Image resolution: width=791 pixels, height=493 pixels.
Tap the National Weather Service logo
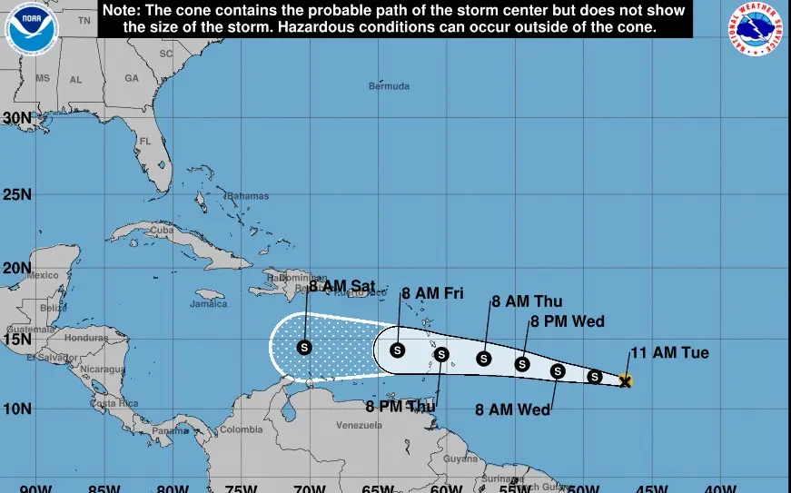(758, 31)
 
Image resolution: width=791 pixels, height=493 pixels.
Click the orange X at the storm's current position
(625, 380)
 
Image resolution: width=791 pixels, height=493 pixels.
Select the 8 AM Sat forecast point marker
(304, 347)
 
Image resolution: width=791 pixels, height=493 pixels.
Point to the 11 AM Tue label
(669, 353)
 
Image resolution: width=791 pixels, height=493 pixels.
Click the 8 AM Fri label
(432, 293)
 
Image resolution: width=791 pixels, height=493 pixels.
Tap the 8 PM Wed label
(567, 321)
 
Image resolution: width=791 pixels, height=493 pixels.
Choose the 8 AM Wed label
(513, 409)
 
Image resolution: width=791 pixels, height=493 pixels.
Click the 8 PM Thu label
(401, 406)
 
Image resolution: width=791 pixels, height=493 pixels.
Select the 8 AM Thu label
(527, 302)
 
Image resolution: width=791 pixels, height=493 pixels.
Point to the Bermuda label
(389, 86)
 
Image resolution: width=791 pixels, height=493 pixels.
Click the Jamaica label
(208, 303)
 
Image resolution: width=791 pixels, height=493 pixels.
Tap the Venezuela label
(360, 425)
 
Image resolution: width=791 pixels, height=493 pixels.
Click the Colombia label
(242, 429)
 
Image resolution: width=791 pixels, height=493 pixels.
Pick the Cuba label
(161, 231)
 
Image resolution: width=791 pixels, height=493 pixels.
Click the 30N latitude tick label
(17, 118)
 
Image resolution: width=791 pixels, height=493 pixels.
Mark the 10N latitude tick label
(17, 409)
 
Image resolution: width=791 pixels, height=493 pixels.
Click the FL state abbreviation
(144, 142)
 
